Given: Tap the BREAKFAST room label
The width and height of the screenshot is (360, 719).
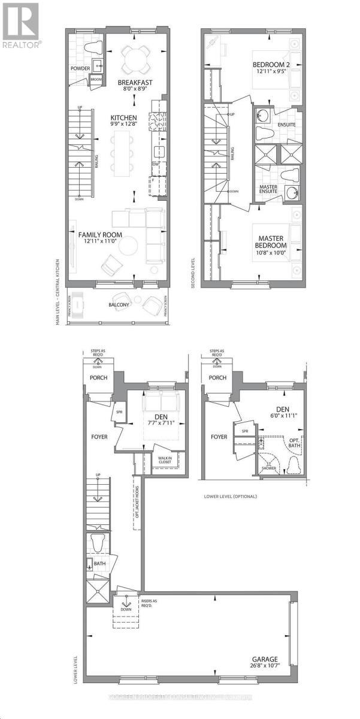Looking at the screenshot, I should [134, 83].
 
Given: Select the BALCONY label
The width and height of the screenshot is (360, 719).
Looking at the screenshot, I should [119, 305].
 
